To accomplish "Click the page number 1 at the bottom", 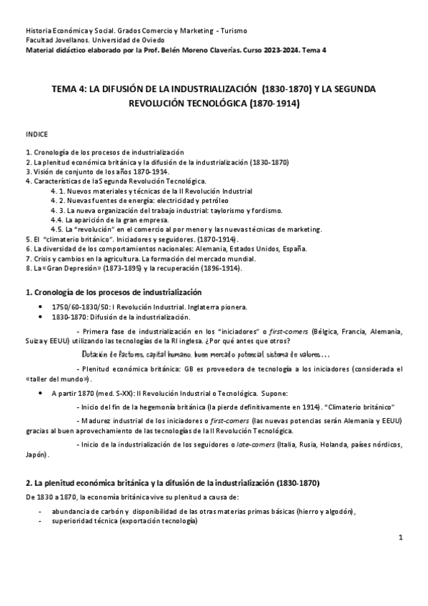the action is [402, 535].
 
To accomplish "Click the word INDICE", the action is [36, 134].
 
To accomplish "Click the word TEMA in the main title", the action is [65, 89].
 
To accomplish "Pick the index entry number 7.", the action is [28, 258].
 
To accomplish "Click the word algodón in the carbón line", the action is [334, 512].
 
